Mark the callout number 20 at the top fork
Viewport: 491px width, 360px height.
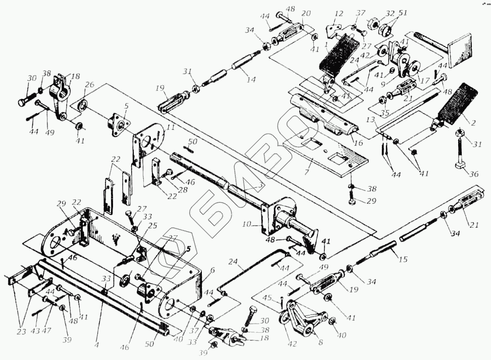(306, 14)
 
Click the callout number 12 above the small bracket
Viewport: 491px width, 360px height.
(338, 14)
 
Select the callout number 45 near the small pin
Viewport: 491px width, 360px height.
(281, 298)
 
